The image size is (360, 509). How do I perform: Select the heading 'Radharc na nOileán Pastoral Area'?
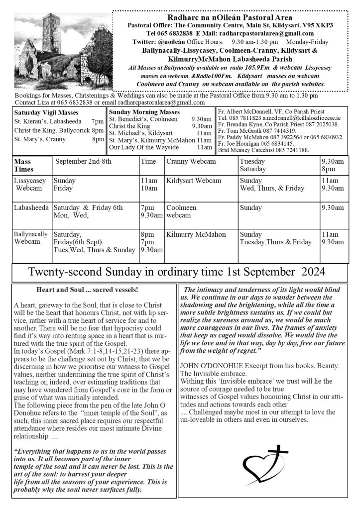click(x=230, y=17)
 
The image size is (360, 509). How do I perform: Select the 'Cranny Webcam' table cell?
click(x=191, y=162)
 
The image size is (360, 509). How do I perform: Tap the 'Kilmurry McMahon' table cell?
click(x=196, y=234)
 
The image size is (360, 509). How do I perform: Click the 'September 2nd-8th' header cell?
click(x=84, y=162)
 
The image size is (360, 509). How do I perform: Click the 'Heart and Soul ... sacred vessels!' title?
click(x=87, y=290)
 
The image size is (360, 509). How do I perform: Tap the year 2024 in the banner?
click(x=313, y=272)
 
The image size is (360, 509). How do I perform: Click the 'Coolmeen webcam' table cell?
click(x=182, y=211)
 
